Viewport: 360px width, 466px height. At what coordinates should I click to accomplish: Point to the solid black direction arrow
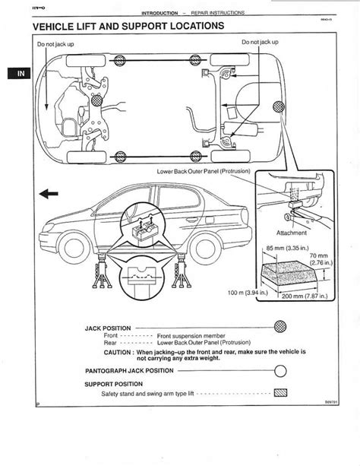coord(47,195)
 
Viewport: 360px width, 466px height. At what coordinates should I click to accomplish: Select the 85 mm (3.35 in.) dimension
coord(287,249)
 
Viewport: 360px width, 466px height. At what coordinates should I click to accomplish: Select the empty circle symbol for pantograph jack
coord(280,371)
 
